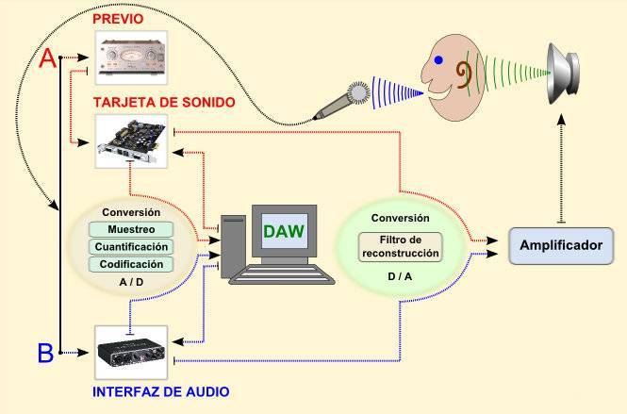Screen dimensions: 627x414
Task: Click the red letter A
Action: [x=48, y=58]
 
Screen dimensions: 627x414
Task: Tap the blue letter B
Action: [x=45, y=353]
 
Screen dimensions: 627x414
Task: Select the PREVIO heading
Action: [x=118, y=19]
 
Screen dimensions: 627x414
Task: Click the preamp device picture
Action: [x=131, y=58]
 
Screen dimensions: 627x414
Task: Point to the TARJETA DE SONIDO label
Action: [x=164, y=102]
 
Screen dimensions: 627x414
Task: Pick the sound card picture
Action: [x=131, y=141]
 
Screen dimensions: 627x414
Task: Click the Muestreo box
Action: [x=131, y=229]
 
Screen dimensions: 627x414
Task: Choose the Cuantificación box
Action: [x=131, y=247]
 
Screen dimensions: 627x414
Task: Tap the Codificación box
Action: [x=131, y=264]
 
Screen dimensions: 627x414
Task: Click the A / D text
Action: [x=131, y=282]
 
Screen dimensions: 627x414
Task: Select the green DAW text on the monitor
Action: [x=284, y=231]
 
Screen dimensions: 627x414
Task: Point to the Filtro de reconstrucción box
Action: [x=401, y=247]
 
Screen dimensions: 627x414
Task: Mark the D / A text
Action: [x=400, y=276]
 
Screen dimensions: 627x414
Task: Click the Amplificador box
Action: [x=561, y=245]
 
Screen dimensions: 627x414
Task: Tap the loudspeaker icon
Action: [x=563, y=74]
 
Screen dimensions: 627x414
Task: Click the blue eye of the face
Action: [x=438, y=60]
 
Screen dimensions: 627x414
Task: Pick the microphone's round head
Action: [x=358, y=93]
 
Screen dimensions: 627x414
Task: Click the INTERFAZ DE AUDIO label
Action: [x=160, y=391]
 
